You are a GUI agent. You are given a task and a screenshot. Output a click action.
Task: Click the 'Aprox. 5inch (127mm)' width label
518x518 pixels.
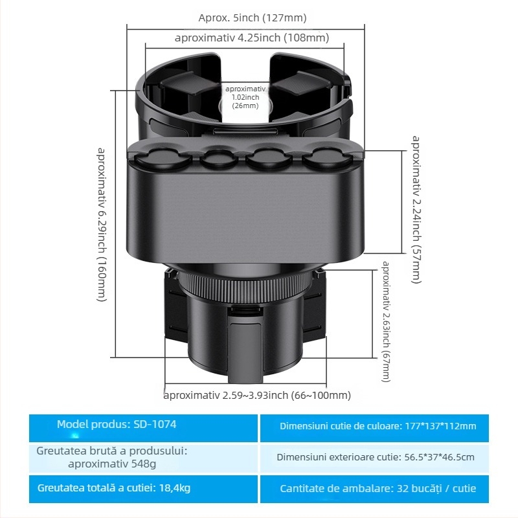(x=253, y=17)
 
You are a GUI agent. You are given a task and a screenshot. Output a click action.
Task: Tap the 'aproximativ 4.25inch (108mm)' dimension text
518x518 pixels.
(x=251, y=38)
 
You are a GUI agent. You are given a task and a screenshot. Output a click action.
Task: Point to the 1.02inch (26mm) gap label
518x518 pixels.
(x=245, y=97)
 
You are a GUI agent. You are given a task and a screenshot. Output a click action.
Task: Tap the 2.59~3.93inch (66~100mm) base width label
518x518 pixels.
(x=257, y=395)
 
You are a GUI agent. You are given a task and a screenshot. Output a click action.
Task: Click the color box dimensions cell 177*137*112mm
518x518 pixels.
(x=377, y=426)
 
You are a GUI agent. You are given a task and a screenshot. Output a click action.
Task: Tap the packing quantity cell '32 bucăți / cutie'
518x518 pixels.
(x=377, y=488)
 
